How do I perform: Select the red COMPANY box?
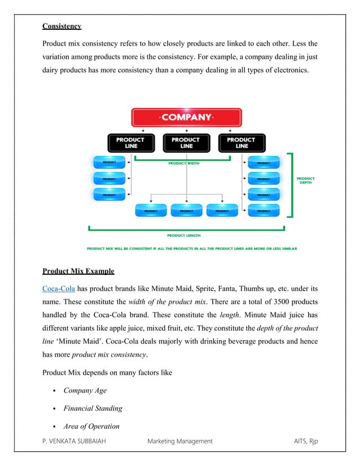[186, 118]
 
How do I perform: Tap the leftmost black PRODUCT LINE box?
[130, 143]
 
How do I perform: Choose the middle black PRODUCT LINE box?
[186, 143]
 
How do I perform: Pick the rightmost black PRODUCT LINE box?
[241, 143]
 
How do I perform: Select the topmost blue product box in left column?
[109, 162]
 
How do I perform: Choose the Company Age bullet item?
[85, 390]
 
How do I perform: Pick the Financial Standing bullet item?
[93, 408]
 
